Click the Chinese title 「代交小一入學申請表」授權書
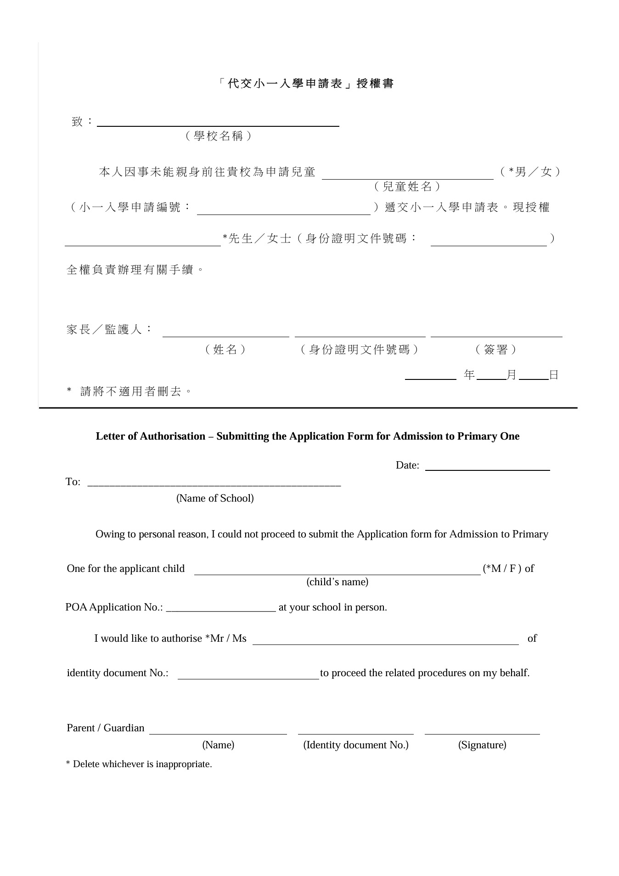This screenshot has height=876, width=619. point(306,84)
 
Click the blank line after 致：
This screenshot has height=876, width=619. point(218,122)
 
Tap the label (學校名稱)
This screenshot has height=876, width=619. point(218,136)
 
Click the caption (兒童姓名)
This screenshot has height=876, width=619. point(407,187)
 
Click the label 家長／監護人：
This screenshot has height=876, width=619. point(110,330)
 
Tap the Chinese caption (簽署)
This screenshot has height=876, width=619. point(496,350)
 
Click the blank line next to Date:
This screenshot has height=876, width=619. point(487,467)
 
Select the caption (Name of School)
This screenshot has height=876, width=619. point(215,498)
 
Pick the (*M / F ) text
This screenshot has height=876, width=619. point(502,569)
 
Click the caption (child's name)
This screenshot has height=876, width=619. point(337,582)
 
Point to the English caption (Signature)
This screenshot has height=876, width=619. point(482,745)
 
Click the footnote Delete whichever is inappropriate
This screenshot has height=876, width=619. point(142,764)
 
